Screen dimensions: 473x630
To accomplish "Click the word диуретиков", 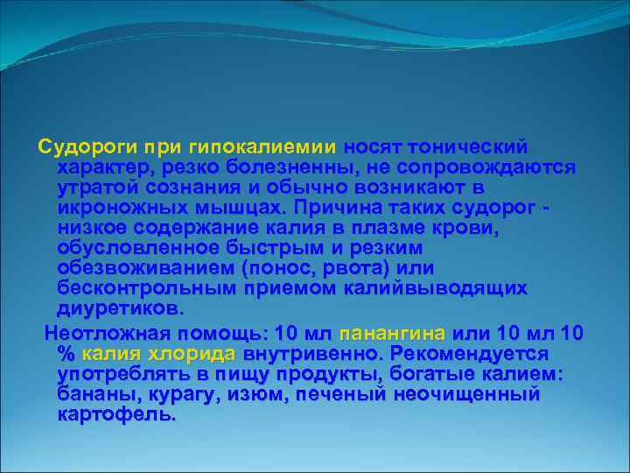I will tap(119, 309).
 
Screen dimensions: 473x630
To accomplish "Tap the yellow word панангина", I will tap(392, 334).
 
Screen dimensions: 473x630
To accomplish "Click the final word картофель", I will tap(115, 415).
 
